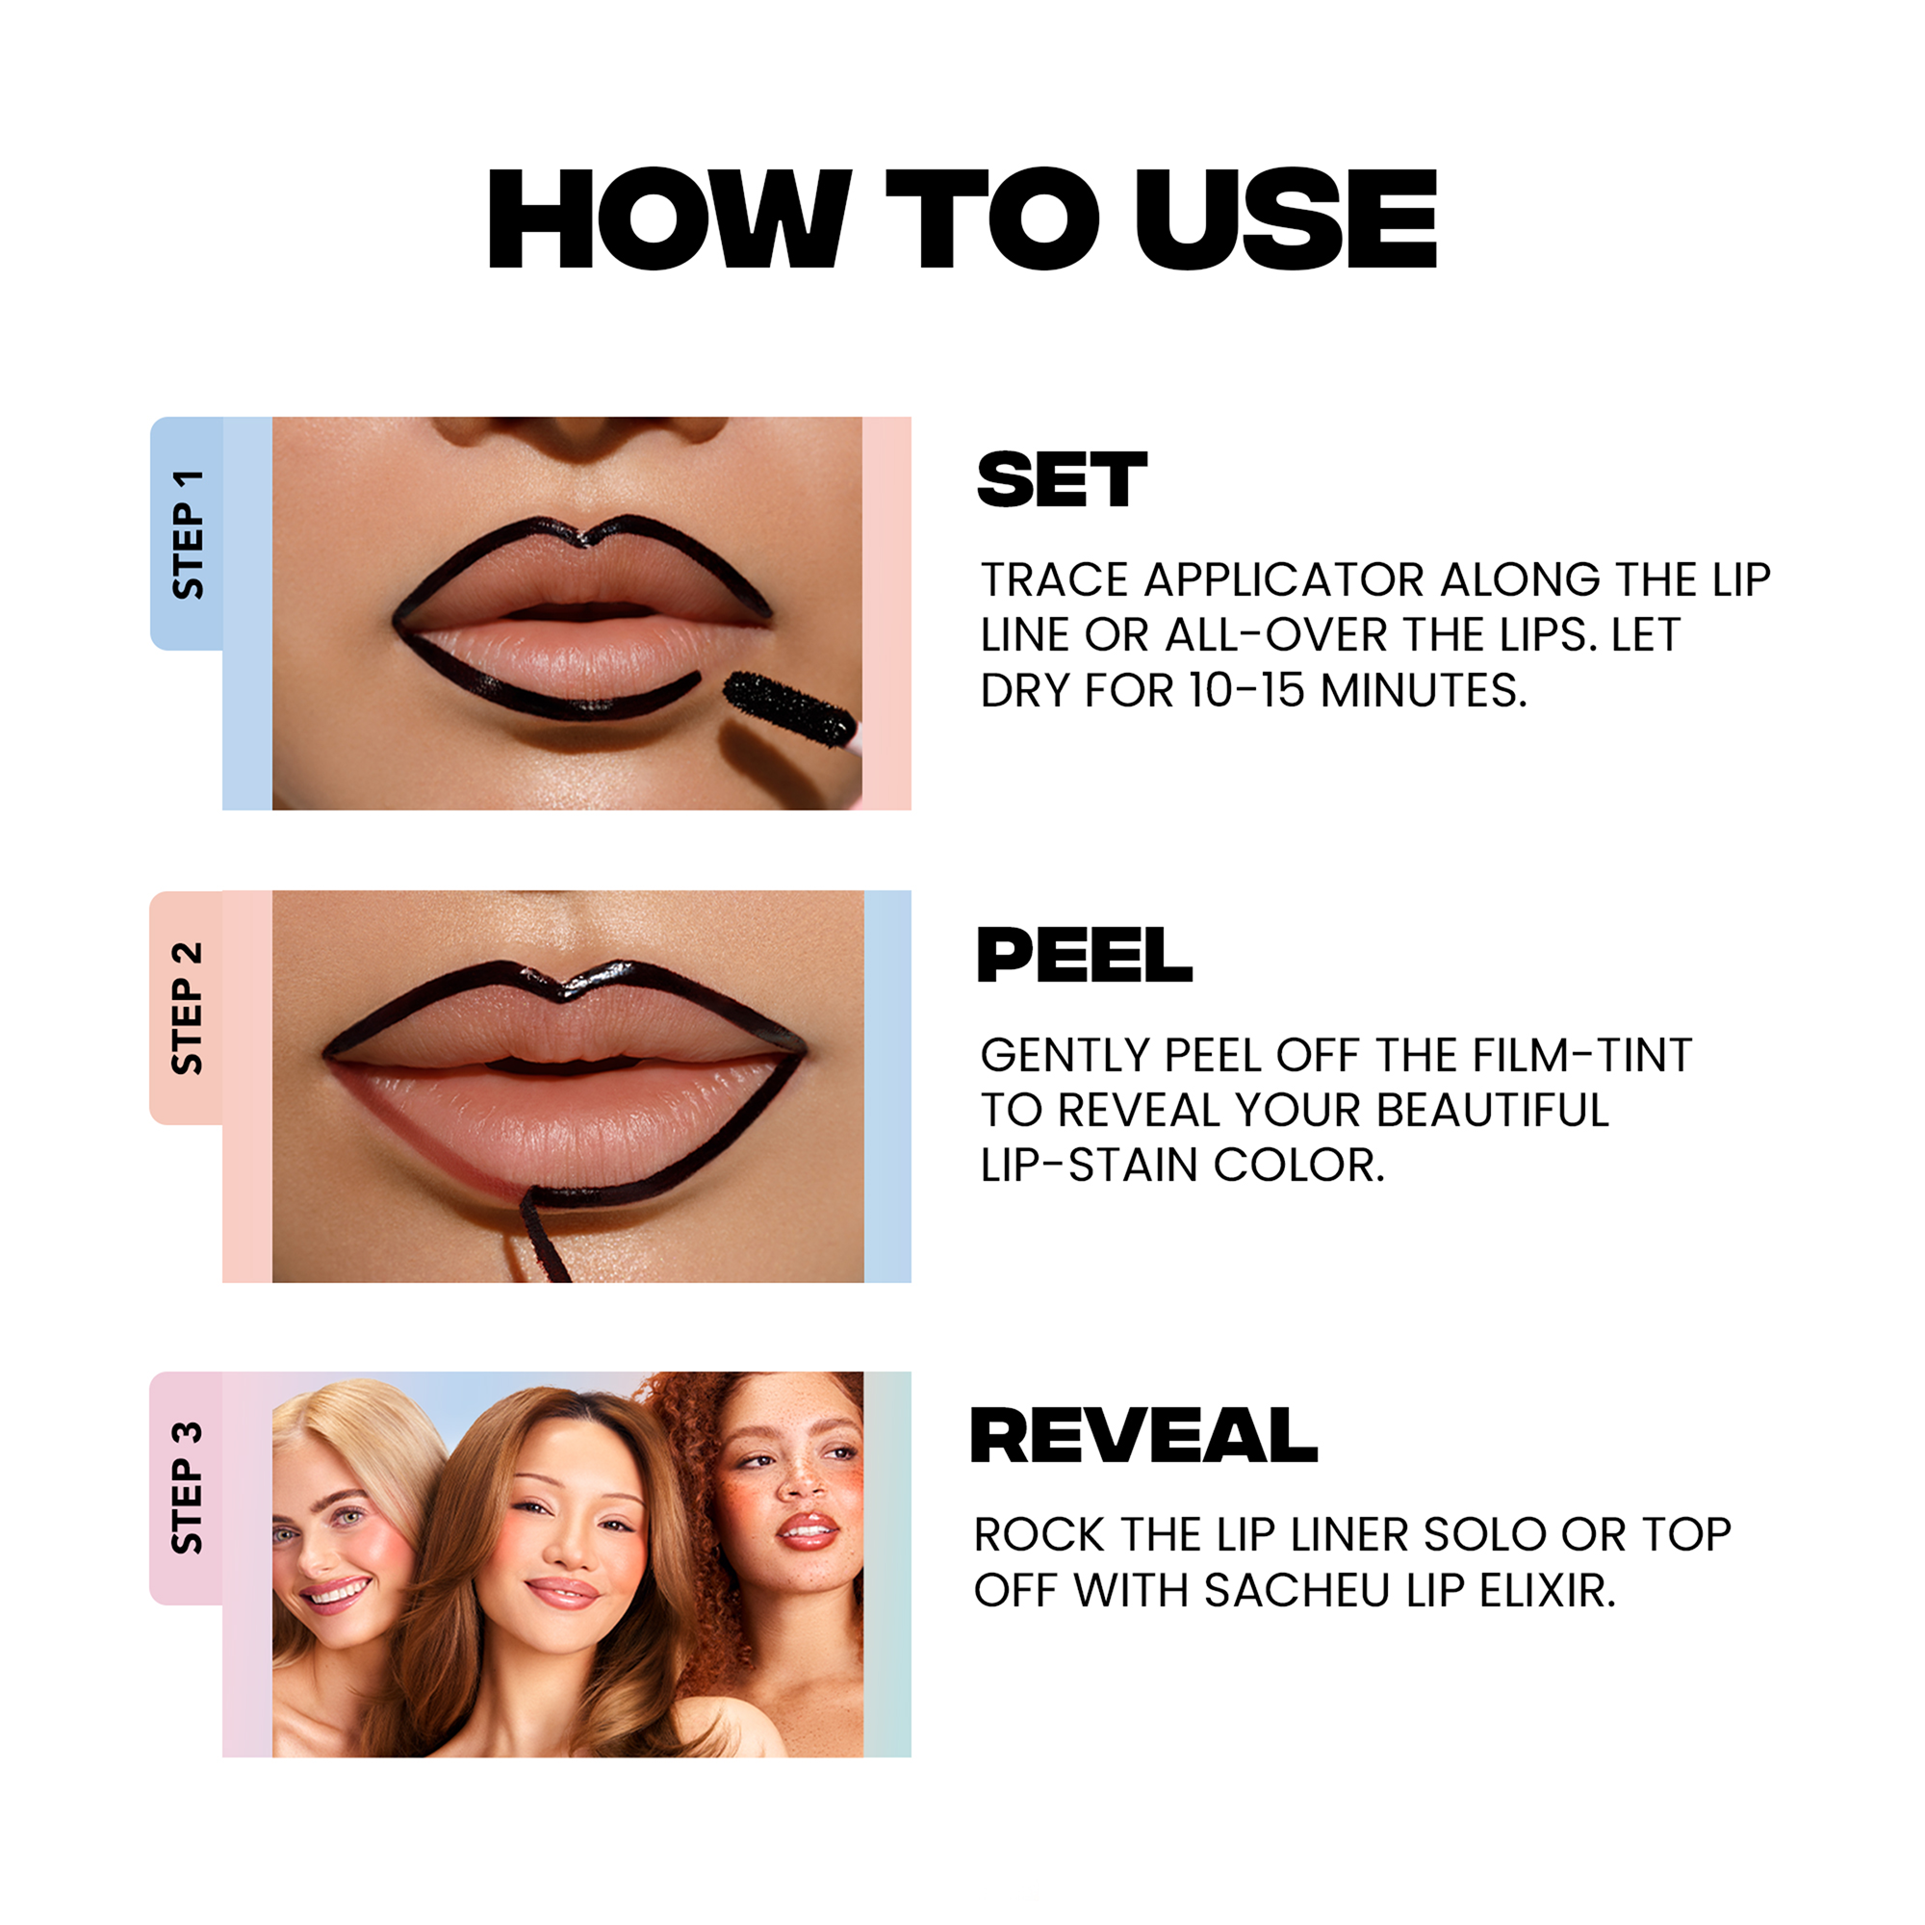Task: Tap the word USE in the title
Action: click(1285, 218)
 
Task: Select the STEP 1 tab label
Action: click(188, 535)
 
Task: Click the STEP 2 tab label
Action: click(188, 1009)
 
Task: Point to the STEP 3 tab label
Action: click(188, 1488)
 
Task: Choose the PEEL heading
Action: click(1084, 955)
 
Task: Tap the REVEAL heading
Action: click(1143, 1436)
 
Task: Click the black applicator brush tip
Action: click(787, 708)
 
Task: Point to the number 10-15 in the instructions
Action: click(1246, 690)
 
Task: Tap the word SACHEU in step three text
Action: click(1296, 1590)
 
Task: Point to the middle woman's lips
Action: click(564, 1593)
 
